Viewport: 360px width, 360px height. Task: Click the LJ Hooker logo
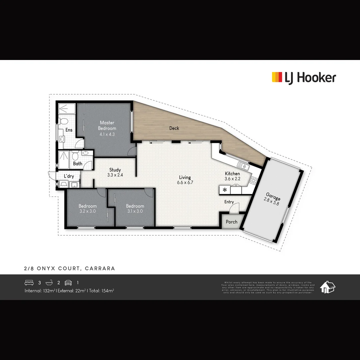click(x=304, y=78)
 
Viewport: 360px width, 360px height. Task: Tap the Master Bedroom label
click(x=107, y=125)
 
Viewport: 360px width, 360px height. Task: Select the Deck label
click(x=174, y=128)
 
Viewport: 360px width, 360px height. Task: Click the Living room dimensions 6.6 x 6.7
click(x=185, y=183)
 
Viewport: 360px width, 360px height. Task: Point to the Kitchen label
click(x=232, y=174)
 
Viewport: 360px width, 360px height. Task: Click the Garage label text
click(x=273, y=196)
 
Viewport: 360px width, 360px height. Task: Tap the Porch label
click(x=232, y=222)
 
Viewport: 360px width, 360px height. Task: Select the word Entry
click(x=229, y=202)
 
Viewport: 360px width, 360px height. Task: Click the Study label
click(x=115, y=170)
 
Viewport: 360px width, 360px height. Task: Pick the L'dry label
click(x=69, y=176)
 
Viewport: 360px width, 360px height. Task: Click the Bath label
click(x=78, y=164)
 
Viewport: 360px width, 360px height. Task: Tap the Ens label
click(x=69, y=130)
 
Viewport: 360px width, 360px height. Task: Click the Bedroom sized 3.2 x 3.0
click(x=88, y=208)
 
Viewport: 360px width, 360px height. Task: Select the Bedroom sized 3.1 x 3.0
click(x=135, y=208)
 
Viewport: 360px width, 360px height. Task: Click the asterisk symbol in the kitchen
click(x=225, y=190)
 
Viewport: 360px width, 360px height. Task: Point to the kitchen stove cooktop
click(x=254, y=181)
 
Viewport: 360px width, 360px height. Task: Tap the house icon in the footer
click(x=328, y=287)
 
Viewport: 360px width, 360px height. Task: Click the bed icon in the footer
click(x=29, y=283)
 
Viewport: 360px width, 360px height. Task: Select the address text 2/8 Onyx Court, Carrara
click(x=70, y=268)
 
